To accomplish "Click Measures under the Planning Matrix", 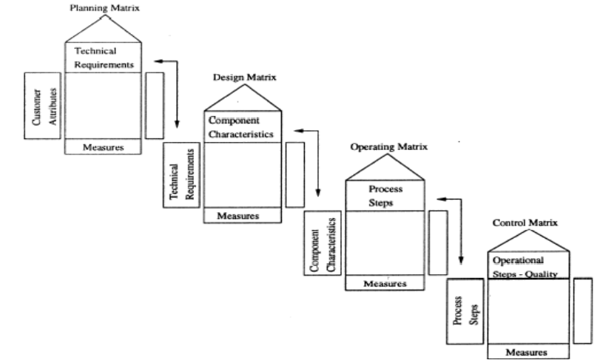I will click(x=103, y=146).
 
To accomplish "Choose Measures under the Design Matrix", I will click(x=241, y=215).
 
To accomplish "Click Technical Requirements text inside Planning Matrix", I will click(x=101, y=58).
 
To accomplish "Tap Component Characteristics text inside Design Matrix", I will click(x=241, y=127).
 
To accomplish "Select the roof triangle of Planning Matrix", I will click(x=103, y=29).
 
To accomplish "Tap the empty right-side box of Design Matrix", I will click(x=294, y=171).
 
